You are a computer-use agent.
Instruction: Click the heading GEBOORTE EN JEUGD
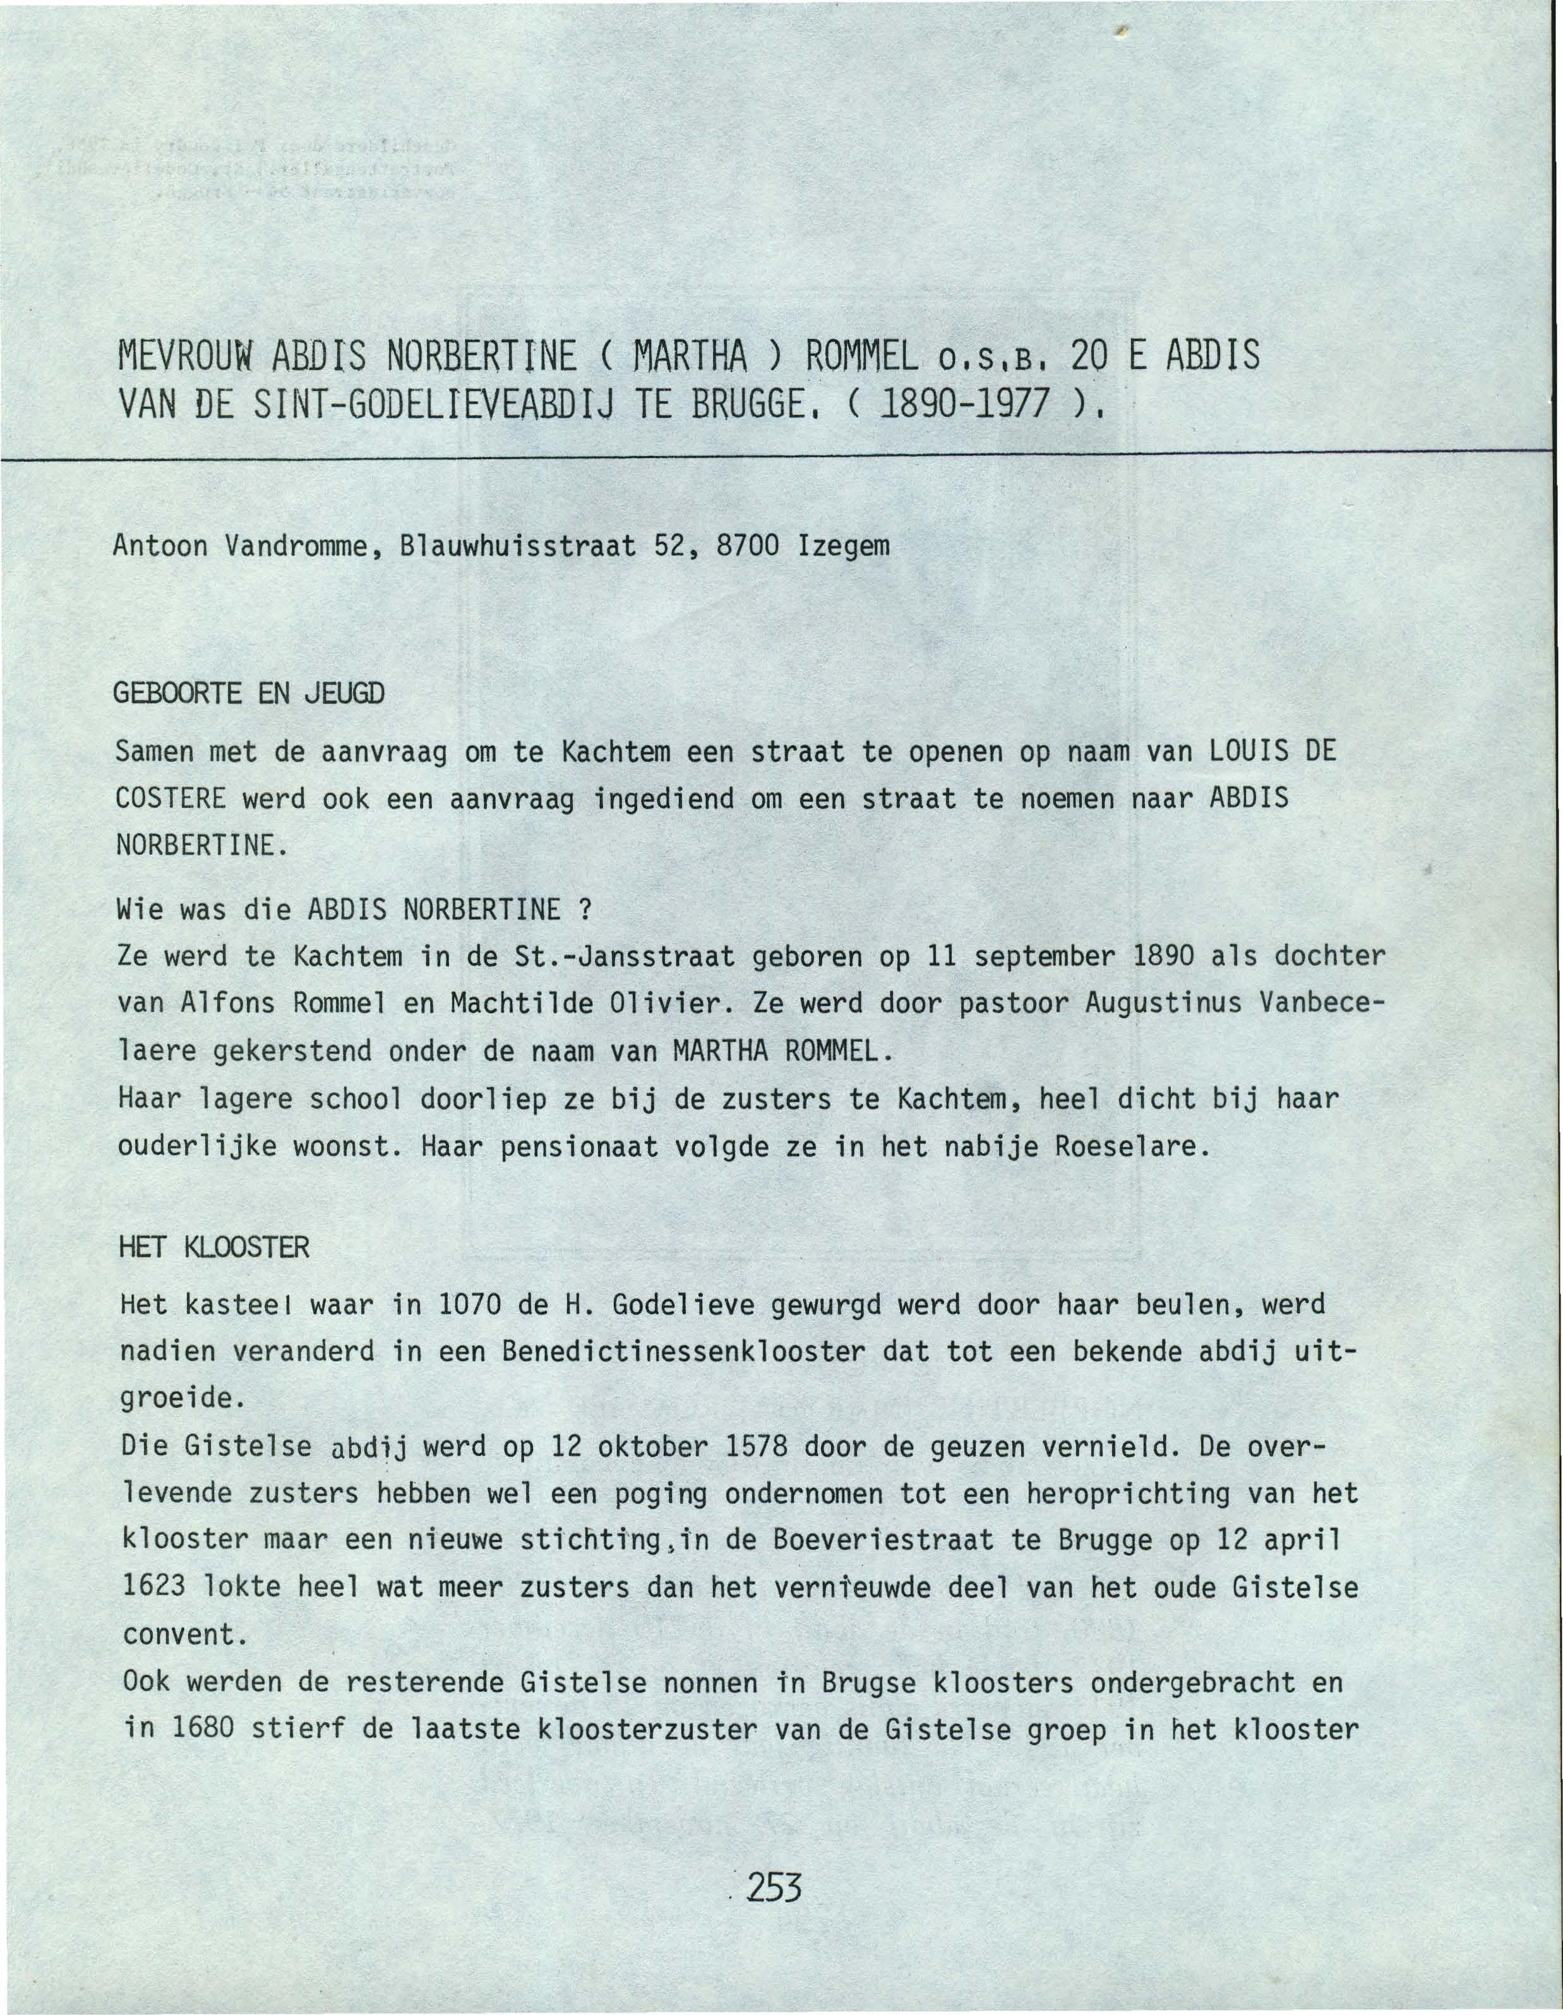coord(248,693)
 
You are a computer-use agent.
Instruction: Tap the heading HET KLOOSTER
coord(214,1248)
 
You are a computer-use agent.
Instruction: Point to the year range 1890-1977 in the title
coord(982,404)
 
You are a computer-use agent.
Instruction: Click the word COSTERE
coord(171,798)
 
